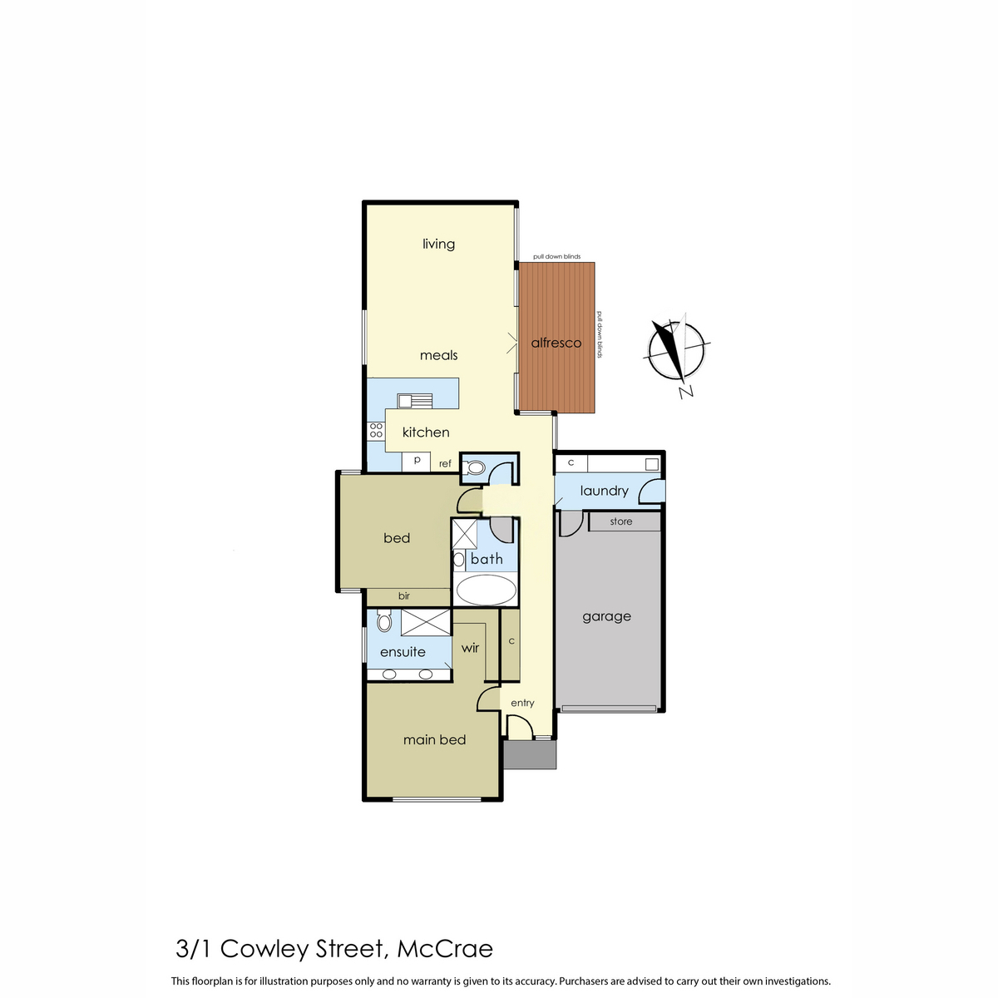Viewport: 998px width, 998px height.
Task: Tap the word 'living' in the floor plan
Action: tap(438, 244)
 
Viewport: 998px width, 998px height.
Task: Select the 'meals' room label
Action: tap(438, 355)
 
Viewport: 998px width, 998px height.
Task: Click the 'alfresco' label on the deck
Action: tap(556, 343)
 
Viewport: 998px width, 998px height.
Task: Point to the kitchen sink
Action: tap(415, 400)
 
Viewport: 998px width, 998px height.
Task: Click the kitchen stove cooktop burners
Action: tap(376, 430)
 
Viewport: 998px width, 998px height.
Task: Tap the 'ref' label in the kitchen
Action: tap(445, 463)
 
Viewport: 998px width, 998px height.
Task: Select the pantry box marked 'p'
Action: tap(417, 460)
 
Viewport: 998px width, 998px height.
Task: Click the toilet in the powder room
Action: tap(474, 467)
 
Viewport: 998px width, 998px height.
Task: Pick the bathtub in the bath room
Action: tap(487, 590)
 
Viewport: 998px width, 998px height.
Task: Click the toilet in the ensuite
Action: tap(383, 621)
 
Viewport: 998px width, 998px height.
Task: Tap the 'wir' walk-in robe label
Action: tap(470, 648)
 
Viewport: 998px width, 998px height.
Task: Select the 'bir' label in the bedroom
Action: tap(404, 596)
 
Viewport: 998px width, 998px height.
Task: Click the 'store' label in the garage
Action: tap(621, 521)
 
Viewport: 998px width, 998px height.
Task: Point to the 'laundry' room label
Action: tap(604, 491)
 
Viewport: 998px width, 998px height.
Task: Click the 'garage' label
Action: tap(606, 616)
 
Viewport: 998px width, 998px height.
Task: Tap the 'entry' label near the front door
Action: tap(522, 703)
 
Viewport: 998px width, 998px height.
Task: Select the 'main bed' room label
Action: tap(434, 739)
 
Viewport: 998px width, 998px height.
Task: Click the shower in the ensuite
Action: tap(425, 621)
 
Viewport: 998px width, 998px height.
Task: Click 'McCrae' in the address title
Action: tap(445, 948)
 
